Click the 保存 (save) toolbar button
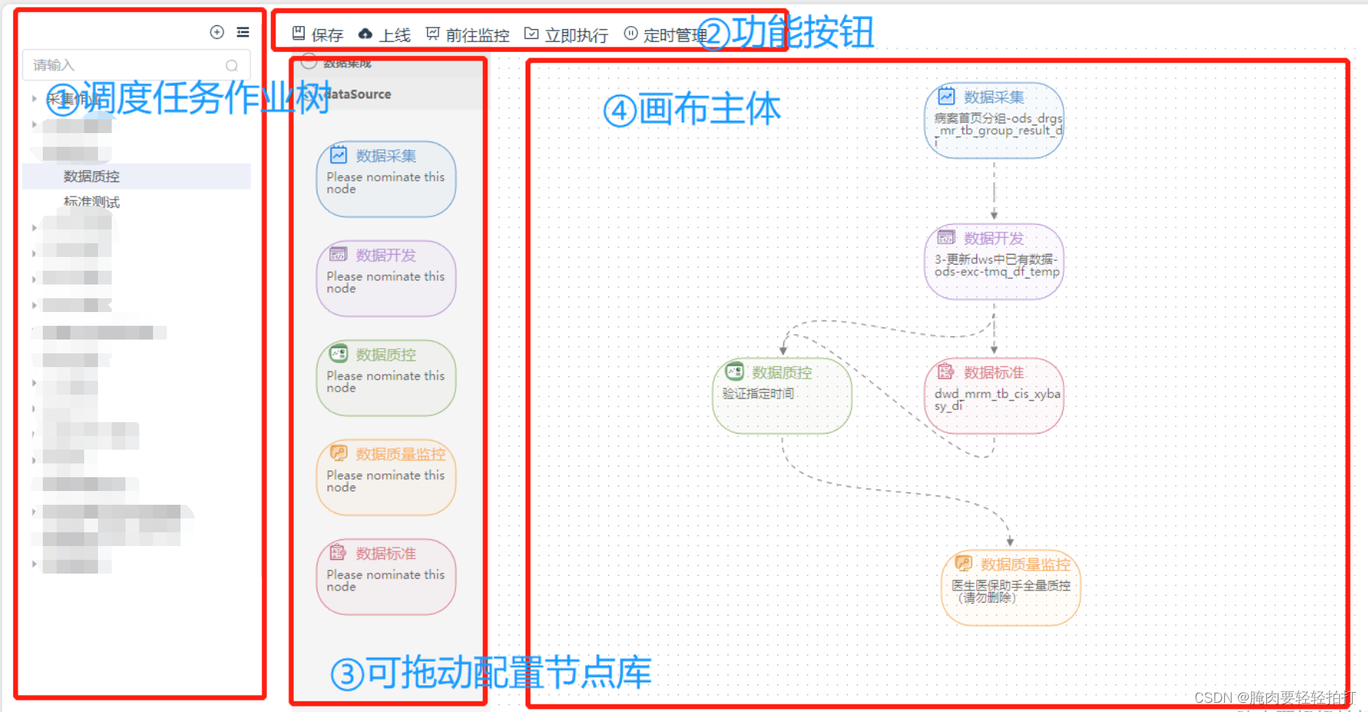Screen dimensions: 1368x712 click(x=318, y=34)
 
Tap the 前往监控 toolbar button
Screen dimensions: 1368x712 click(x=467, y=34)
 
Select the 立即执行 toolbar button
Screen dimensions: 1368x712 click(x=566, y=34)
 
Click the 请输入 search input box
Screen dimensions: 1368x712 click(x=126, y=65)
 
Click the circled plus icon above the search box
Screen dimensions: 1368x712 click(x=217, y=32)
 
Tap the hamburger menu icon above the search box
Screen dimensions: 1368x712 click(x=243, y=32)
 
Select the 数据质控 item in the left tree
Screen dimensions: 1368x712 click(x=92, y=177)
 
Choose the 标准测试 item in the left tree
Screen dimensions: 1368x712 click(x=92, y=202)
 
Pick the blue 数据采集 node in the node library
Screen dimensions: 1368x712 click(x=386, y=179)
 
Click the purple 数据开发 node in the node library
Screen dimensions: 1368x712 click(x=386, y=278)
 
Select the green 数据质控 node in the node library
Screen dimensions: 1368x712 click(x=386, y=378)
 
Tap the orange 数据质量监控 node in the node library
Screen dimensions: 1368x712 click(x=386, y=477)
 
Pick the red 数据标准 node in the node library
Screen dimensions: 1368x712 click(x=386, y=577)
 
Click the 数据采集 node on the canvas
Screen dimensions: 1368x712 click(x=994, y=121)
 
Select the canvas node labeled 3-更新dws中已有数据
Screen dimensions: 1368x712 click(x=994, y=262)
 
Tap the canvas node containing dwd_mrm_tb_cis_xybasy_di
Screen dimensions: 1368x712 click(x=994, y=395)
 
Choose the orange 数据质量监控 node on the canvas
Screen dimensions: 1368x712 click(x=1010, y=587)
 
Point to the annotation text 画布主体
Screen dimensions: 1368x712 click(x=709, y=109)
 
